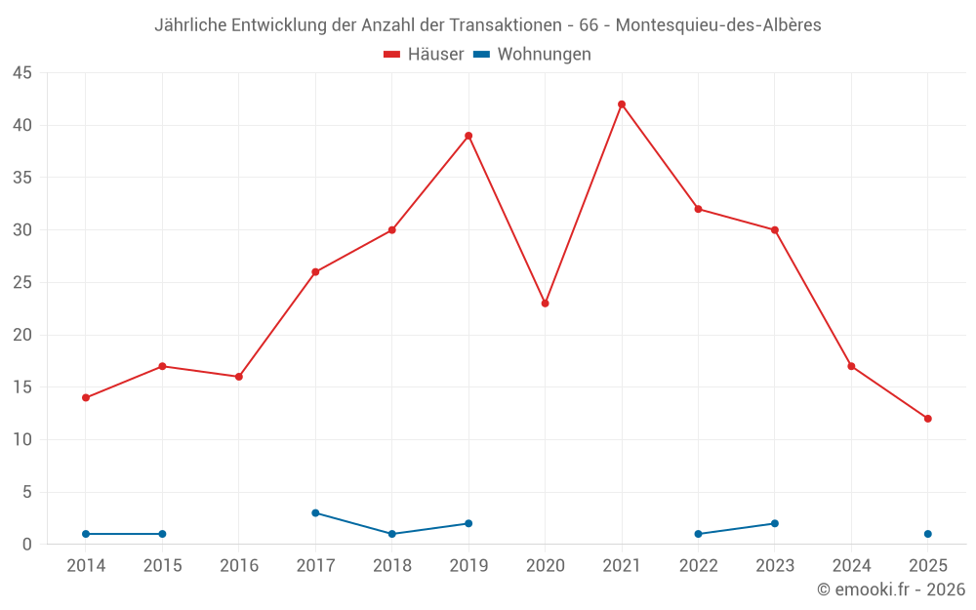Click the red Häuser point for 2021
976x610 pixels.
click(x=622, y=104)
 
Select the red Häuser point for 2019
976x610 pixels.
click(x=468, y=136)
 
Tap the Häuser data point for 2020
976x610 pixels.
click(x=545, y=304)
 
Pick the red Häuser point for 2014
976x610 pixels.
click(x=86, y=397)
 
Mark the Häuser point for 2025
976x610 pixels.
click(x=928, y=419)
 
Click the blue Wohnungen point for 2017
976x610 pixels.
click(x=315, y=512)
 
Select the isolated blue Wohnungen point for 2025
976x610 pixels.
click(x=928, y=534)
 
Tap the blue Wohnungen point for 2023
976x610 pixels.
click(x=775, y=523)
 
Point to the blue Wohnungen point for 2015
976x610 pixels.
click(x=162, y=534)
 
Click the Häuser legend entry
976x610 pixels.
click(x=424, y=55)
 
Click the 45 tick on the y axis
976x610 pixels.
click(x=22, y=73)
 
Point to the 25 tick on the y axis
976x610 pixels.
click(x=22, y=283)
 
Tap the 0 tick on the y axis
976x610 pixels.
click(x=27, y=545)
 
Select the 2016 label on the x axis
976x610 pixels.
click(x=239, y=566)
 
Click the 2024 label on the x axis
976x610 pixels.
click(x=851, y=566)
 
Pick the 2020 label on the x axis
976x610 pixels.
click(x=545, y=566)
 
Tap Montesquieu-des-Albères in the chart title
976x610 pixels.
click(x=718, y=25)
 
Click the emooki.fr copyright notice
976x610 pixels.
click(x=891, y=590)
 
